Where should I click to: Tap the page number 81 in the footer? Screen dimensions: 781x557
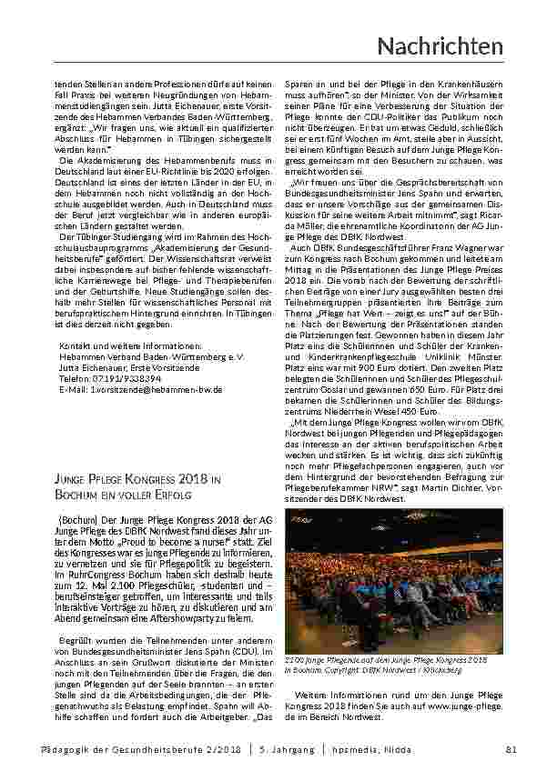coord(511,748)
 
